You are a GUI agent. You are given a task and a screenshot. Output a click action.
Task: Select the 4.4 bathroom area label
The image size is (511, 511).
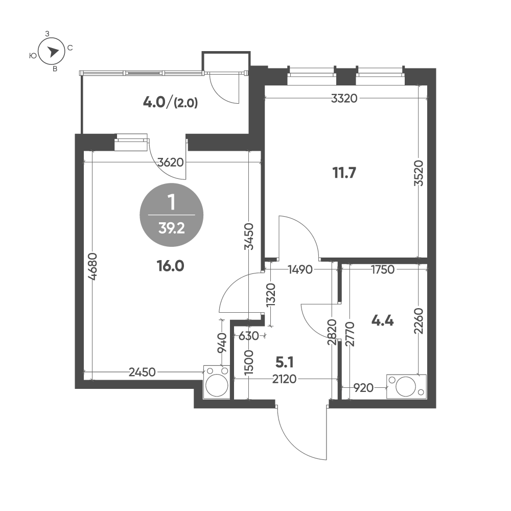point(382,321)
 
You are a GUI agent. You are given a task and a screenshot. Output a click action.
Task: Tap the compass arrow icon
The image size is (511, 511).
point(52,51)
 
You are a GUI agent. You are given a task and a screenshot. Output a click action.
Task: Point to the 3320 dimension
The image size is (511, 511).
point(343,99)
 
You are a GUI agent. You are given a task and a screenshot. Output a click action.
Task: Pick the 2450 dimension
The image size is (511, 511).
point(142,373)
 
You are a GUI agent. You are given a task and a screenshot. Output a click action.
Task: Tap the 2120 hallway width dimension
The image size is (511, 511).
point(285,379)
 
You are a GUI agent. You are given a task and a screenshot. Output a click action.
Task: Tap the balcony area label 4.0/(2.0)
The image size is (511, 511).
point(171,102)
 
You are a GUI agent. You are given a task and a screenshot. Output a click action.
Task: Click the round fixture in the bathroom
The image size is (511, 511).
point(405,386)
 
